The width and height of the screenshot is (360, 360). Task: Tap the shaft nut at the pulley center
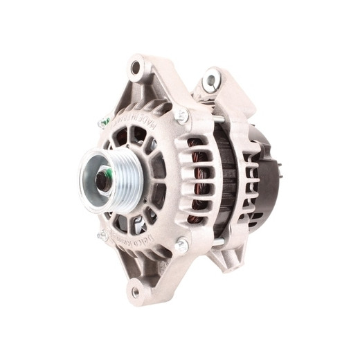tap(102, 181)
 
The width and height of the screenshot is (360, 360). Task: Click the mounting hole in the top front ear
tap(136, 67)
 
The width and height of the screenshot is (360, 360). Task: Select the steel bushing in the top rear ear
tap(210, 82)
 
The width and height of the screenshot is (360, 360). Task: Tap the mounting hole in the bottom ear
tap(135, 291)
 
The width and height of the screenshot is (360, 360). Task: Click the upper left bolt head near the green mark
tap(105, 123)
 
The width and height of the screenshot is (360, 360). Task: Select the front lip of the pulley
tap(87, 181)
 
